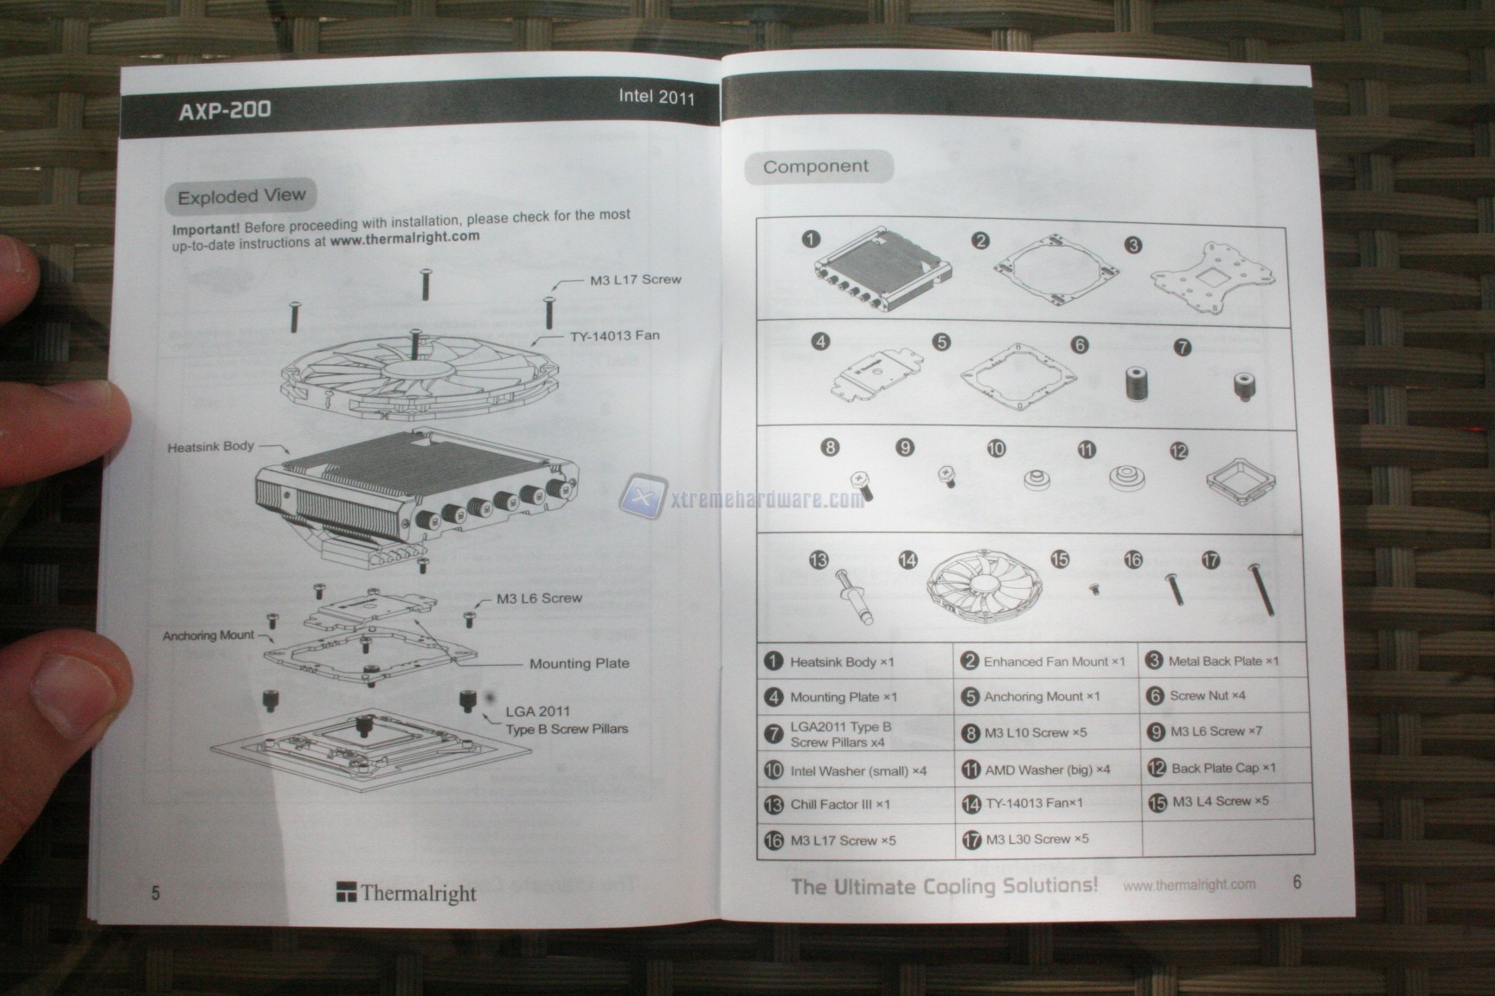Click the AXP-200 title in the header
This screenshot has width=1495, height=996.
(x=224, y=111)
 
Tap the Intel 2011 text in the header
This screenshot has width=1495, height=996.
(x=656, y=96)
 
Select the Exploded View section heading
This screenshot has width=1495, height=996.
(x=241, y=196)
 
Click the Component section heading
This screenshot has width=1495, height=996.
(x=815, y=166)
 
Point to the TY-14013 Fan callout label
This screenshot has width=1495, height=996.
(x=614, y=335)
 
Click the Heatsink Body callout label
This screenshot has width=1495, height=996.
(x=210, y=447)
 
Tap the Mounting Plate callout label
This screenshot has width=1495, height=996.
(x=579, y=663)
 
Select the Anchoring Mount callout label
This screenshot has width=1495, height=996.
(x=209, y=635)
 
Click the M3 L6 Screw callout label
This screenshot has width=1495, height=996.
(x=539, y=598)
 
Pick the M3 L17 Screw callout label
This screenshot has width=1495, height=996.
(x=635, y=280)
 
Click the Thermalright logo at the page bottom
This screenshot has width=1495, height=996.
(x=407, y=893)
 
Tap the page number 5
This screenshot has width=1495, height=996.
(x=156, y=892)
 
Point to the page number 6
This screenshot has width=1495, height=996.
(x=1296, y=882)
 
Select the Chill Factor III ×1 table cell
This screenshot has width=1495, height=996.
(x=839, y=804)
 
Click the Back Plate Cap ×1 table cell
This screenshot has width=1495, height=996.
(x=1222, y=768)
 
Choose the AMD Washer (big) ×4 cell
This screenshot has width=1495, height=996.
(x=1047, y=769)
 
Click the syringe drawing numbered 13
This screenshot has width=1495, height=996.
(x=853, y=596)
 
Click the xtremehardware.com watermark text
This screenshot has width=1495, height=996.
(x=767, y=500)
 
